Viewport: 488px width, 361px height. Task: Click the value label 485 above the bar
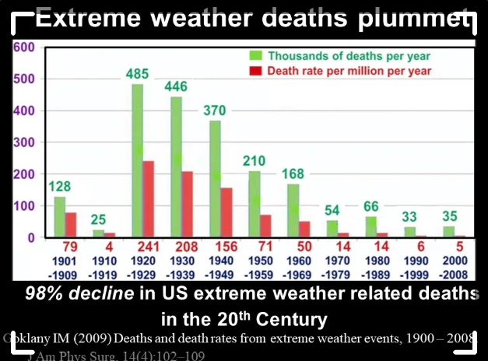tap(139, 75)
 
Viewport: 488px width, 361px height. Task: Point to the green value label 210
tap(254, 161)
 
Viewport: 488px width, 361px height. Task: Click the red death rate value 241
tap(148, 247)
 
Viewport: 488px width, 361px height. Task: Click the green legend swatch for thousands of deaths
tap(254, 56)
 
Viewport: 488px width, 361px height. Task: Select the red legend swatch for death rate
tap(254, 72)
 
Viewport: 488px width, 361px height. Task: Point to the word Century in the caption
tap(292, 318)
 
